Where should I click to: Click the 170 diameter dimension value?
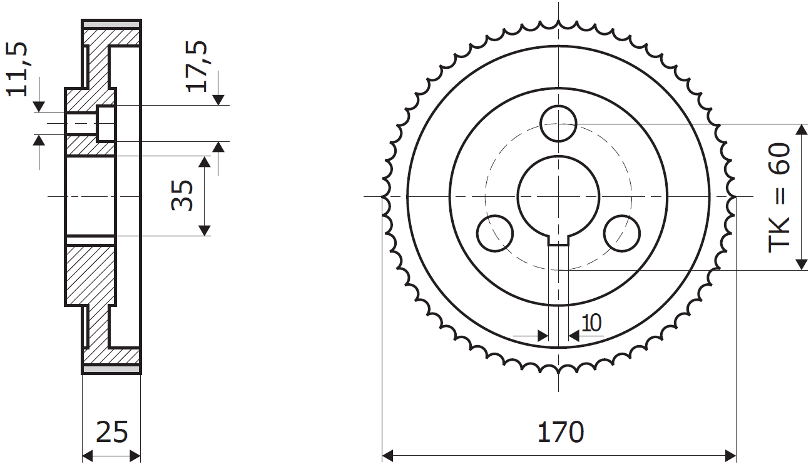561,432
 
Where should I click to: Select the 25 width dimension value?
112,432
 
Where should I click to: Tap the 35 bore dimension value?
182,195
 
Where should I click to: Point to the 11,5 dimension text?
17,69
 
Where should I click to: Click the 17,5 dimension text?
196,66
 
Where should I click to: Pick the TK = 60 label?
779,198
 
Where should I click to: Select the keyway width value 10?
591,323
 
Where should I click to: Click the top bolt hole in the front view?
558,123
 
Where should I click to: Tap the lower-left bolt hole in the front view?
495,233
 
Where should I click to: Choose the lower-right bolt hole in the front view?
622,233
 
